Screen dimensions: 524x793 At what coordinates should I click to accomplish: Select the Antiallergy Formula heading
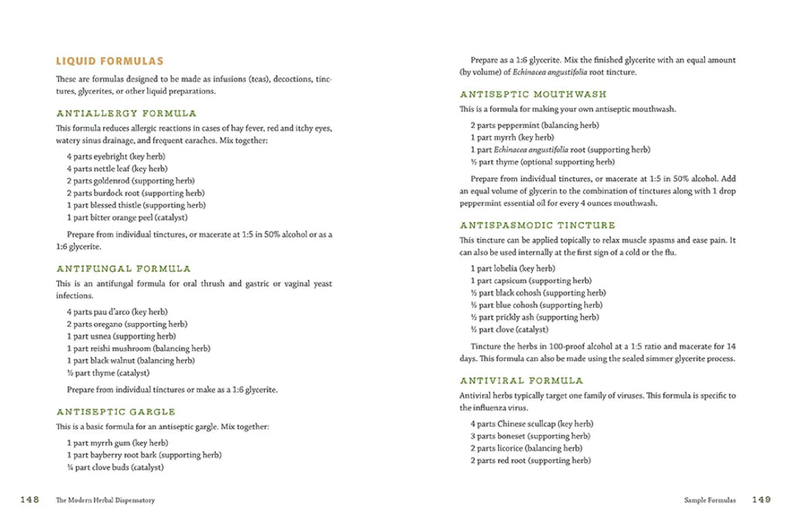(x=126, y=113)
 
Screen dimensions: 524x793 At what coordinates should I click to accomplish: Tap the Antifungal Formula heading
(x=123, y=269)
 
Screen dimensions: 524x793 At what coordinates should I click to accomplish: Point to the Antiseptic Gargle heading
(x=115, y=412)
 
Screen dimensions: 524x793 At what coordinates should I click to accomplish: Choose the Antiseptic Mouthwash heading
(x=533, y=94)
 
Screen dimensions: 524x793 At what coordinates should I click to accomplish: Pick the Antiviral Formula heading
(x=521, y=381)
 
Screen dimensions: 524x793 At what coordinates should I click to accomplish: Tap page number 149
(x=761, y=500)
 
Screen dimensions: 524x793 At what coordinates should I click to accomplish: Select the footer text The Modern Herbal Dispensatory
(x=105, y=501)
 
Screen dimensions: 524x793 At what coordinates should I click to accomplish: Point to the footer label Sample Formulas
(x=709, y=501)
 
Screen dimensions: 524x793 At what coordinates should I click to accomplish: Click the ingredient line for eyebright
(x=115, y=156)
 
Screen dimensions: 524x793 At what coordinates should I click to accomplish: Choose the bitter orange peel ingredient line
(x=127, y=217)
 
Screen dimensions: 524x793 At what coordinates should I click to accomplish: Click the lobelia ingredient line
(x=513, y=269)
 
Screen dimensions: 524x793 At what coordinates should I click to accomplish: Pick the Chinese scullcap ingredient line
(x=531, y=424)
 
